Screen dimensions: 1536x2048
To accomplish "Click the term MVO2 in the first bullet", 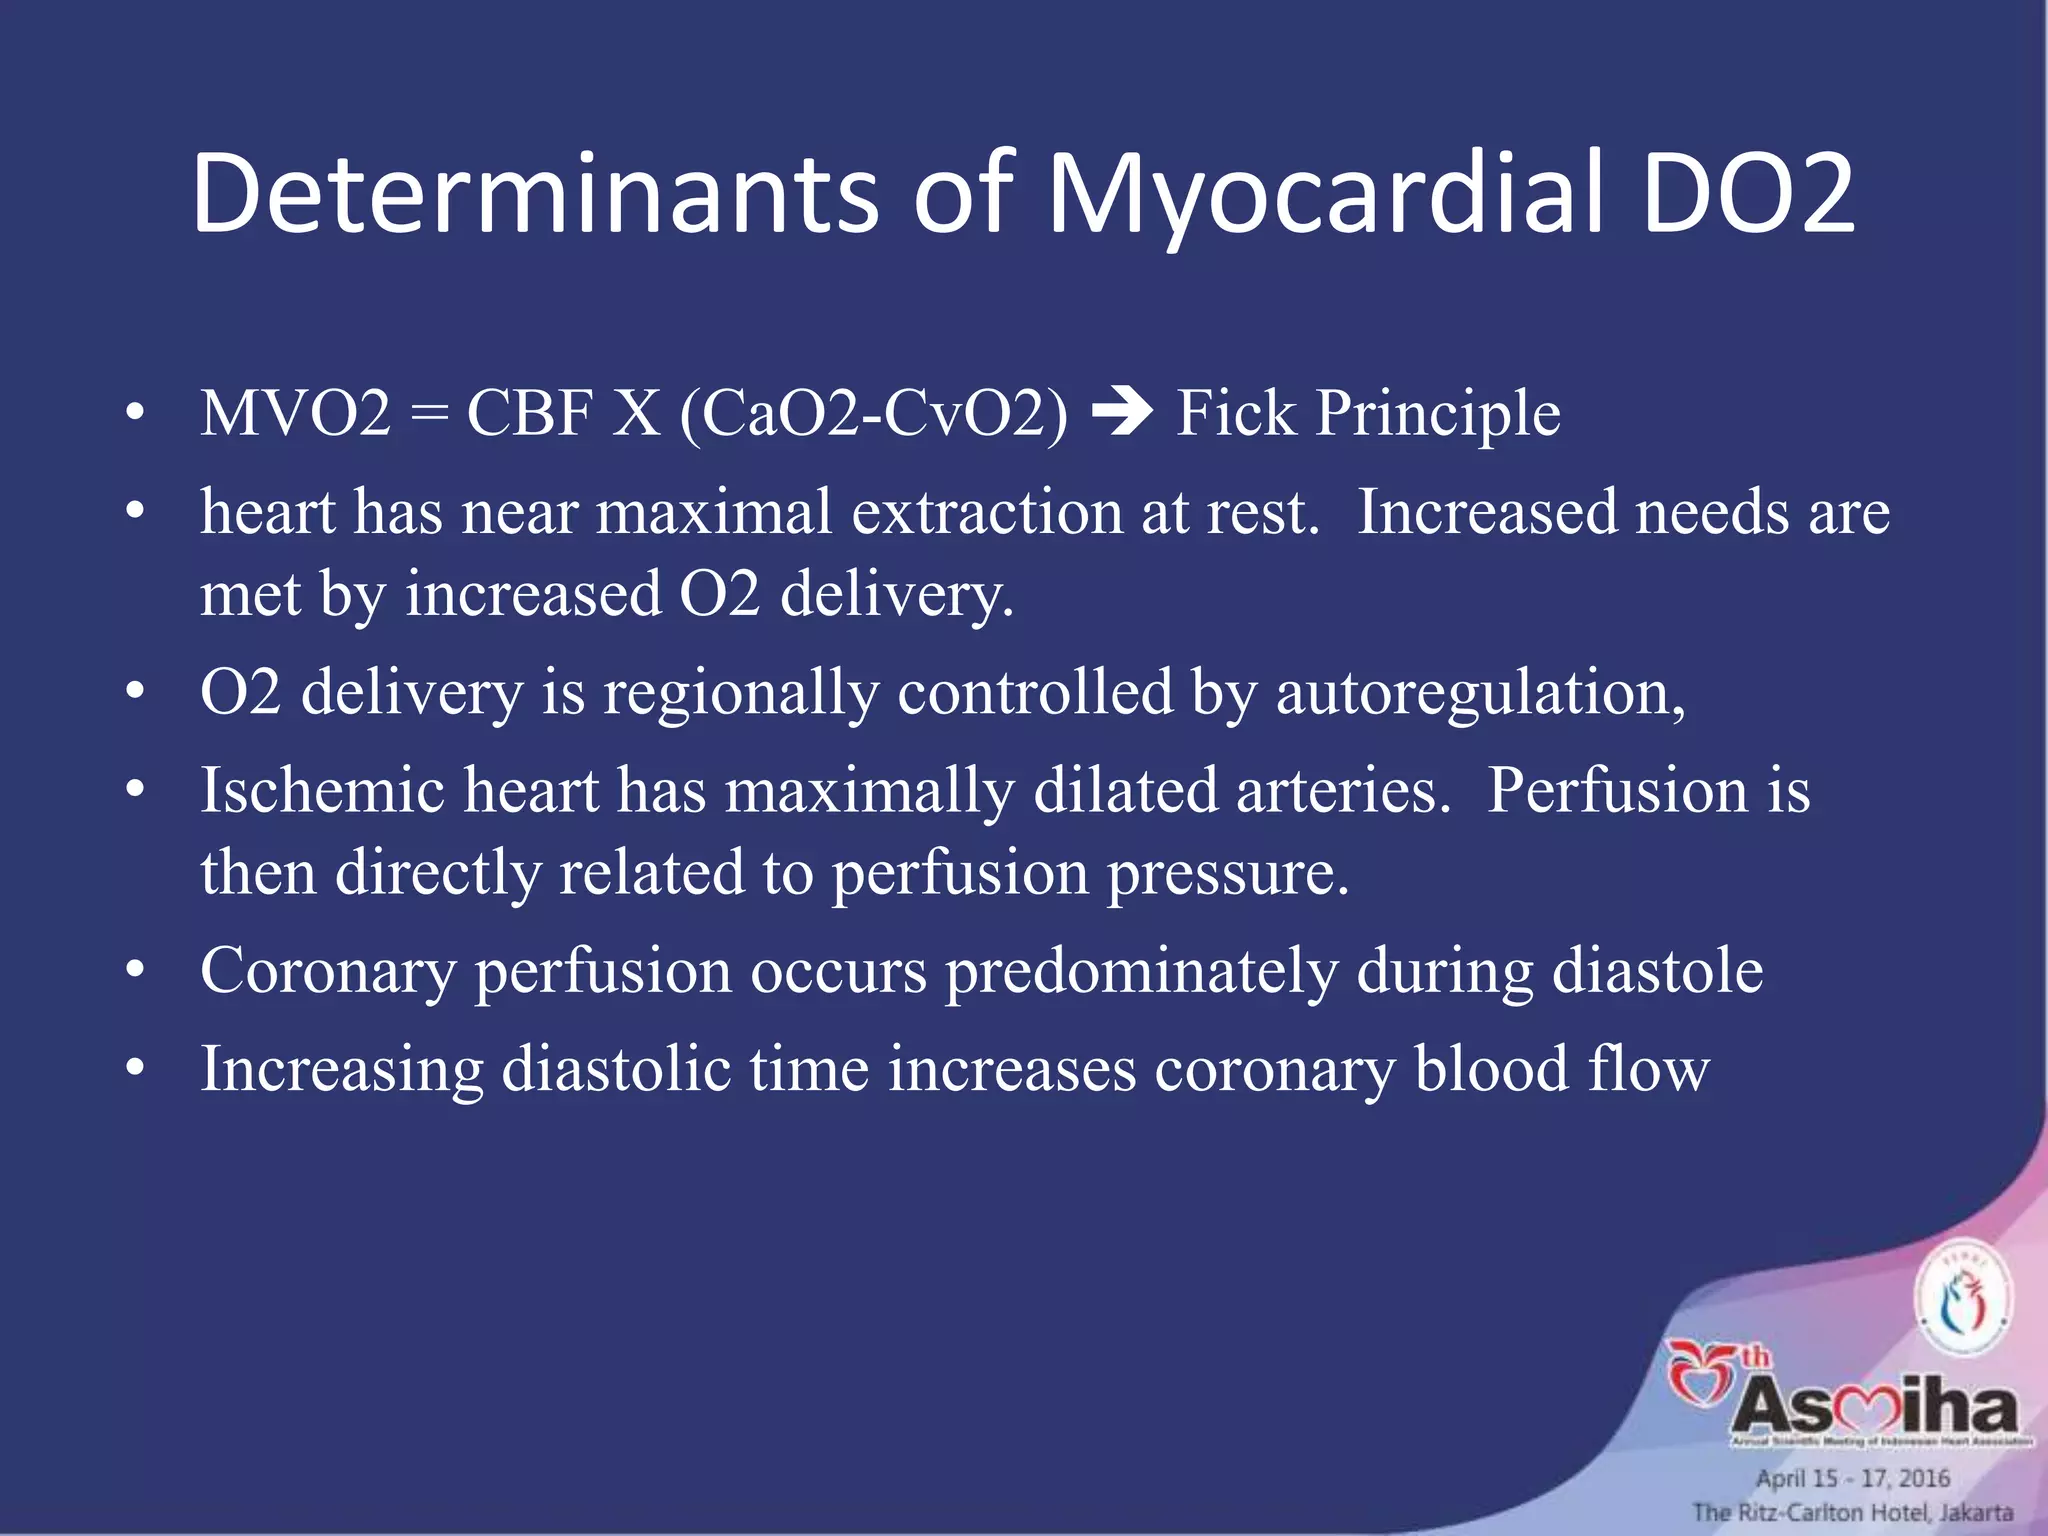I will tap(296, 413).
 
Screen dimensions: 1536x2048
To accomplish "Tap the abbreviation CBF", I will tap(530, 413).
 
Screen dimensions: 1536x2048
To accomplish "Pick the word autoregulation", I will tap(1481, 692).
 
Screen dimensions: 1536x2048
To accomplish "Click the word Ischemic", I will tap(323, 790).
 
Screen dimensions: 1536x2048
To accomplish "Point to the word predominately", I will tap(1141, 971).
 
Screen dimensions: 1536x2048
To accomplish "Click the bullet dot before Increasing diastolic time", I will tap(136, 1069).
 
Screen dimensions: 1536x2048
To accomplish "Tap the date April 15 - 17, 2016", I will tap(1853, 1478).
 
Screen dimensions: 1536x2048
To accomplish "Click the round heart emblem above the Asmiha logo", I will tap(1963, 1301).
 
